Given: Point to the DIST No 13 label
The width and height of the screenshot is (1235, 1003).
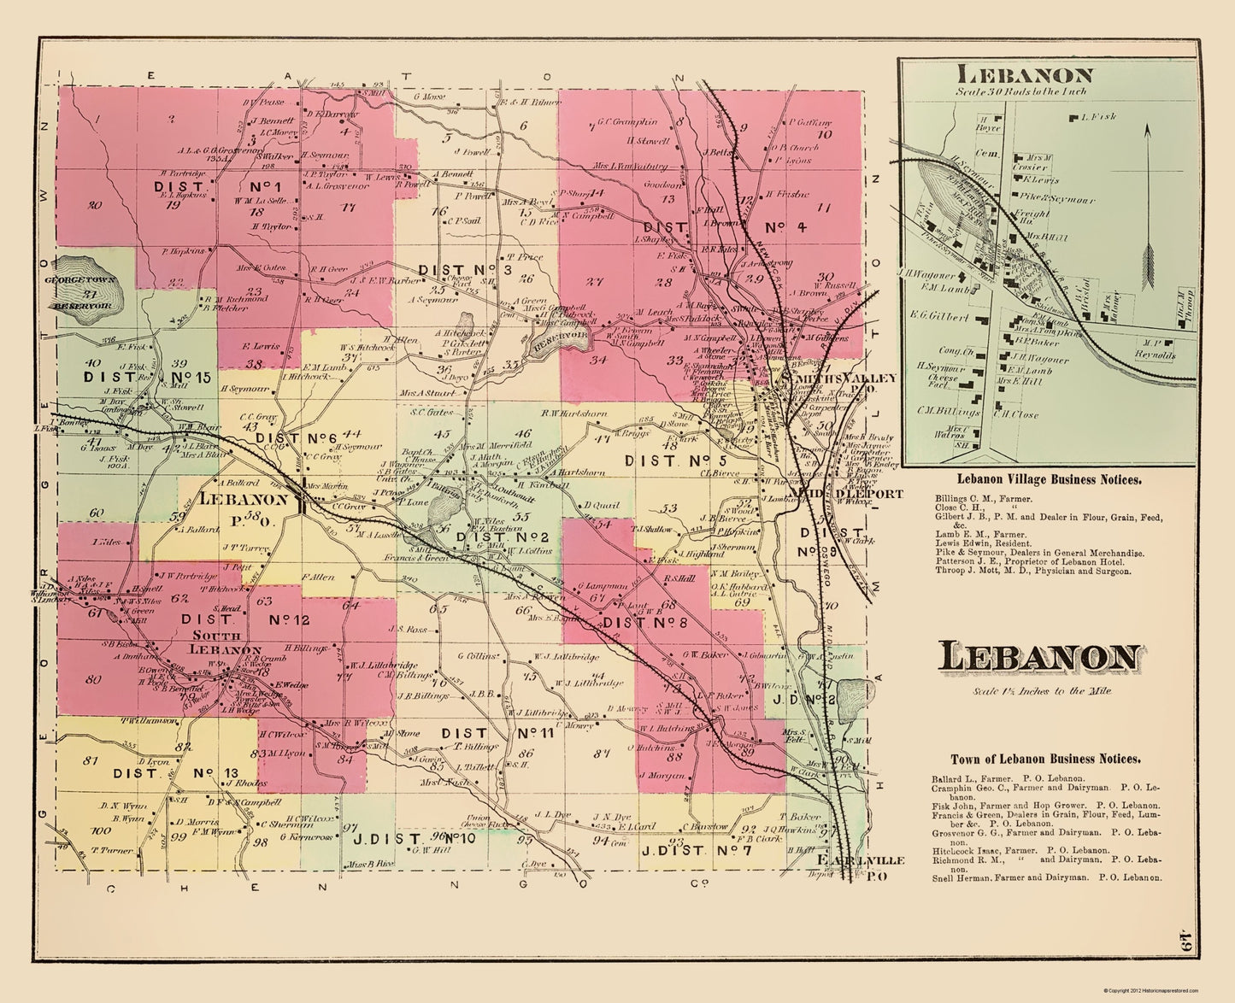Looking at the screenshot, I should [174, 773].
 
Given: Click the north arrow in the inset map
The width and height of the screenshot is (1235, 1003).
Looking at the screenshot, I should [1148, 205].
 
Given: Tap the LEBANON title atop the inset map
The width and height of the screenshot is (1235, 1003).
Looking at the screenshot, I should [1024, 75].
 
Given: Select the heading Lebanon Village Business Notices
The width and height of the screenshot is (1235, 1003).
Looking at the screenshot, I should [1049, 480].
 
